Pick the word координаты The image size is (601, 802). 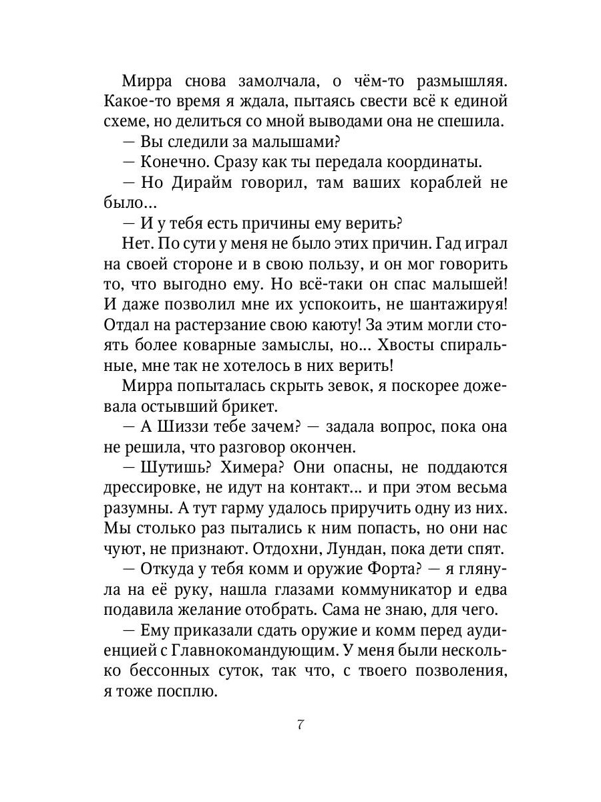pos(423,162)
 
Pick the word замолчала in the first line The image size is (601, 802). pos(276,81)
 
